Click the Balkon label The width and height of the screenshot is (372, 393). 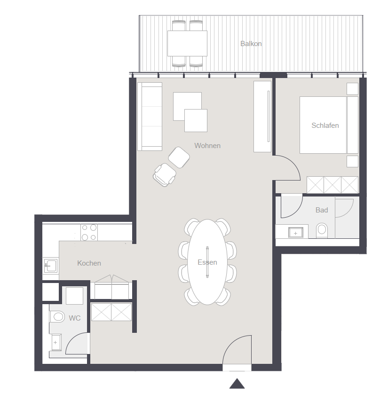(x=251, y=44)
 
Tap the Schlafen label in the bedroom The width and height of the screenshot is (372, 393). (x=325, y=126)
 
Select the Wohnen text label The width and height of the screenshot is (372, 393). (x=207, y=146)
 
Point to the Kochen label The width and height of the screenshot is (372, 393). (x=89, y=263)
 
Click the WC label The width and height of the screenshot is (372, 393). (x=75, y=318)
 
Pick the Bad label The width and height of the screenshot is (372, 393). (x=322, y=210)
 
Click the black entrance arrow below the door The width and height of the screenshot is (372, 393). (x=237, y=384)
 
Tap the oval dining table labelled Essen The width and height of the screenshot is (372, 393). (x=207, y=262)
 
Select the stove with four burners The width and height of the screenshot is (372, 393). (x=89, y=232)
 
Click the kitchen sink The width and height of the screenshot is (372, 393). (x=51, y=266)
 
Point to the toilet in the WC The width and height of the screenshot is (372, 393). (x=57, y=317)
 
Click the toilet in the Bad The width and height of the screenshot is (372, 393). (x=322, y=230)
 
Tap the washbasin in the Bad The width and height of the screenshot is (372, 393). (x=295, y=233)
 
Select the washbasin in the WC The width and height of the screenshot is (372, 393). (x=56, y=342)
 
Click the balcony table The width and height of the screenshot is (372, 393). (x=187, y=43)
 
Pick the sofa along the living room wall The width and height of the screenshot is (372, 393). (x=150, y=117)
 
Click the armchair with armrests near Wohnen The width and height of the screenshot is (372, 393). (x=165, y=175)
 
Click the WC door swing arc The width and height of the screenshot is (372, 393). (x=72, y=338)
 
